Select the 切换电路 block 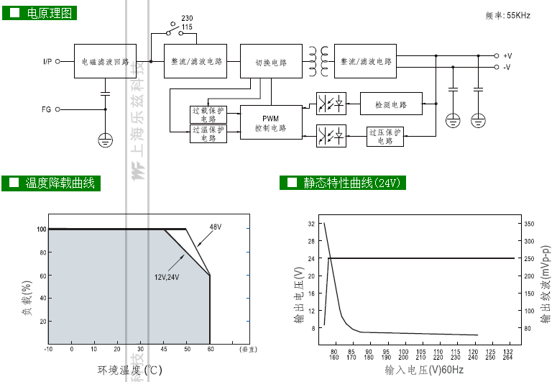pos(270,62)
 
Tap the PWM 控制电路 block pos(270,123)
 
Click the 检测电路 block pos(391,104)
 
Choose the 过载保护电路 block pos(208,114)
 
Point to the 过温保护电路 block pos(208,134)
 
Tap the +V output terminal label pos(507,55)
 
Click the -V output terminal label pos(507,67)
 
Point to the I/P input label pos(47,62)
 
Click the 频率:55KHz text pos(507,15)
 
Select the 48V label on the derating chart pos(215,227)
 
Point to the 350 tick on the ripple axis pos(528,224)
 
